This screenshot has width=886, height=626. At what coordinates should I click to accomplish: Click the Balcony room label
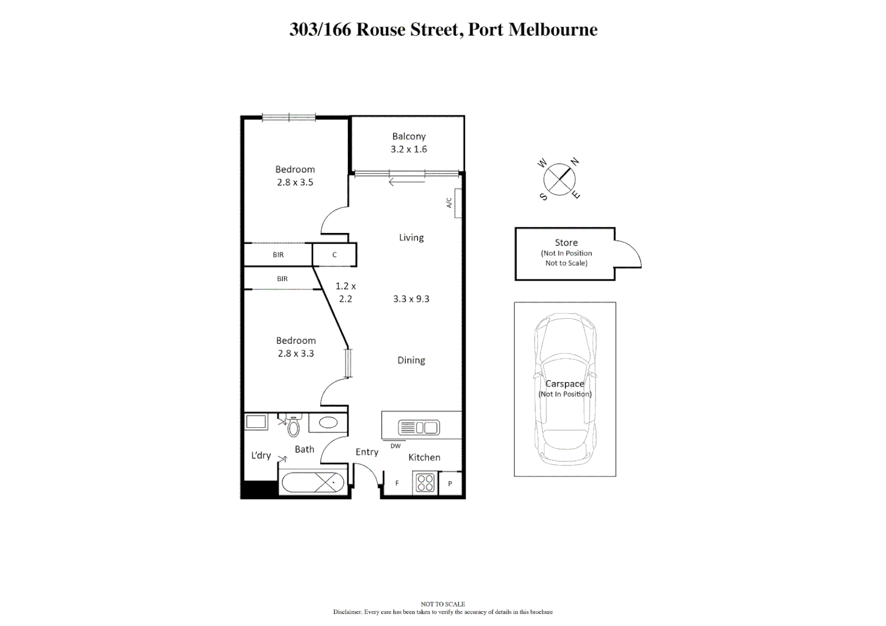click(409, 136)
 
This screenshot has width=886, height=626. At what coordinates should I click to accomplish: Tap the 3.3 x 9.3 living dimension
click(411, 299)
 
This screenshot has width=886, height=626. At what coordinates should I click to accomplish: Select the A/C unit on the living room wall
click(458, 203)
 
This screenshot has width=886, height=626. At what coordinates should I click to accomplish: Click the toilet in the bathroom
click(294, 427)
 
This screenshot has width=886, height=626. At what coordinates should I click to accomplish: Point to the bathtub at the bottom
click(313, 482)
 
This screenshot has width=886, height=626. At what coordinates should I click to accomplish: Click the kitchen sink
click(419, 428)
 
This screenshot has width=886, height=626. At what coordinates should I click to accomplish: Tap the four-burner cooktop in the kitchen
click(425, 483)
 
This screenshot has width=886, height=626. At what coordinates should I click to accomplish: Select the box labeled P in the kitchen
click(450, 483)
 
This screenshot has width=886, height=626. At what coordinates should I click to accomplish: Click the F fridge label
click(397, 483)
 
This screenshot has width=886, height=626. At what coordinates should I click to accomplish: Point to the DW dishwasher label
click(395, 446)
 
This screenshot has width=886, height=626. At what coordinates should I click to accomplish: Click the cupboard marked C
click(335, 254)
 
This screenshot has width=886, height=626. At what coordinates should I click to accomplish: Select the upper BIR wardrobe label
click(278, 254)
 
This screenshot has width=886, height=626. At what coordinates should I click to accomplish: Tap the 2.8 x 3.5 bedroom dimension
click(295, 182)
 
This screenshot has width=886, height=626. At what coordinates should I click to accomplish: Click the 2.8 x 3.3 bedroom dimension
click(296, 354)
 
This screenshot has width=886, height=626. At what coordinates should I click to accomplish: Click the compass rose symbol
click(559, 179)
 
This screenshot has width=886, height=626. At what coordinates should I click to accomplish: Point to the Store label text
click(566, 243)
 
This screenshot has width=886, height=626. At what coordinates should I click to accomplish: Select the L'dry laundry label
click(261, 456)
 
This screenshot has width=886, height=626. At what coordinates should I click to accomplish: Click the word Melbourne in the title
click(553, 30)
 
